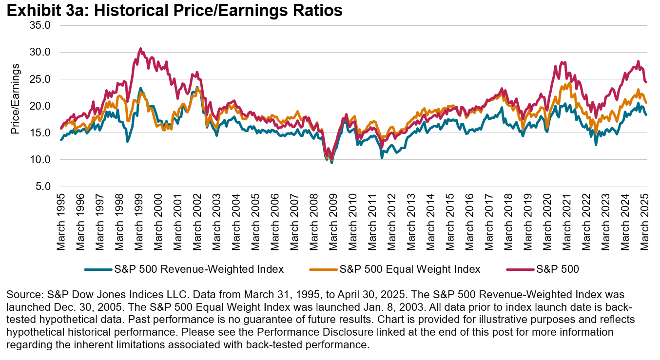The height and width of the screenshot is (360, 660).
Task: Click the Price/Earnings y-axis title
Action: (16, 99)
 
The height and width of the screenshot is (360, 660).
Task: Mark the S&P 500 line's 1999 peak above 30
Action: (140, 49)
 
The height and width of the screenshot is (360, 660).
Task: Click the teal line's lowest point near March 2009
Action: (332, 162)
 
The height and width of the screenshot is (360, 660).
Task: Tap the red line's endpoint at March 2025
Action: (646, 82)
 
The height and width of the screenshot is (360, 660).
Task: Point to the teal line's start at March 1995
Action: (61, 140)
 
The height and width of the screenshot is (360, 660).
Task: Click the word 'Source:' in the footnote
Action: (21, 295)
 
